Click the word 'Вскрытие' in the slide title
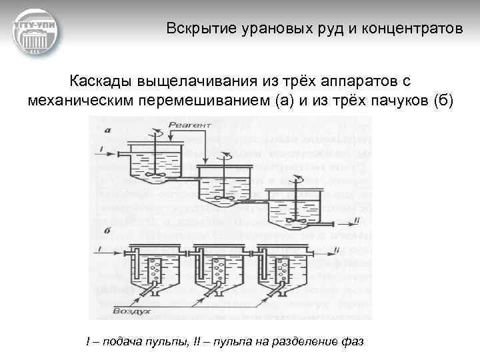193,29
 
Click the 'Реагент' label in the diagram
190,125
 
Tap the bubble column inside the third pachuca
285,273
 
